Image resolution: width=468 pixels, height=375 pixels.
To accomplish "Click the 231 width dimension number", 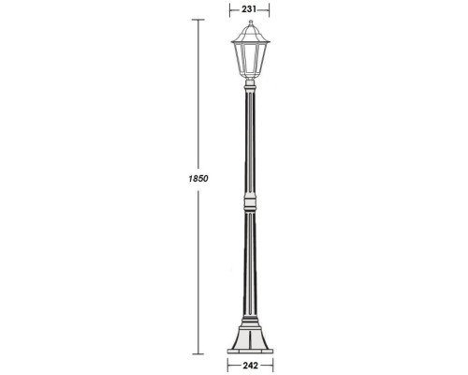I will (x=249, y=8).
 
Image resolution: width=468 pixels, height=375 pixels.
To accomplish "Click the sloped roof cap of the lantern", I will (x=249, y=34).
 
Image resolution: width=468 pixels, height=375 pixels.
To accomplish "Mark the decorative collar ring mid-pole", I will (x=249, y=202).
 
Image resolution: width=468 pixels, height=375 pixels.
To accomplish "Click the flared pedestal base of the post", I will (x=249, y=333).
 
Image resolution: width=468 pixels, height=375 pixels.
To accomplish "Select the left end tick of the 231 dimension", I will (x=230, y=8).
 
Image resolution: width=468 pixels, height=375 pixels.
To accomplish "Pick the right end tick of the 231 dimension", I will (x=270, y=8).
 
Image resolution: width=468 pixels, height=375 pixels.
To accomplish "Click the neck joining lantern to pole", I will (x=249, y=87).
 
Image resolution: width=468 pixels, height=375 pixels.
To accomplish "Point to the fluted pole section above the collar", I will (x=249, y=141).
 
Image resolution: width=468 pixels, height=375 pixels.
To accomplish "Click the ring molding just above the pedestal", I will (x=249, y=314).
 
